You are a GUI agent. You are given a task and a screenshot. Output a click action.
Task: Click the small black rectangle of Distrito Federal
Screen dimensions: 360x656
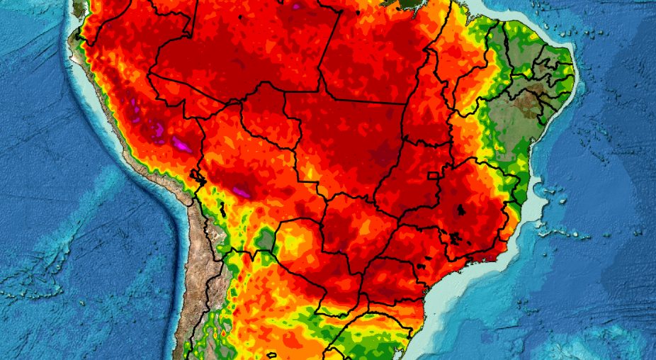pos(432,175)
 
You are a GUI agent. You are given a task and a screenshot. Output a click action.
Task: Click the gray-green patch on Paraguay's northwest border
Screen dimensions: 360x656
pos(266,239)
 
